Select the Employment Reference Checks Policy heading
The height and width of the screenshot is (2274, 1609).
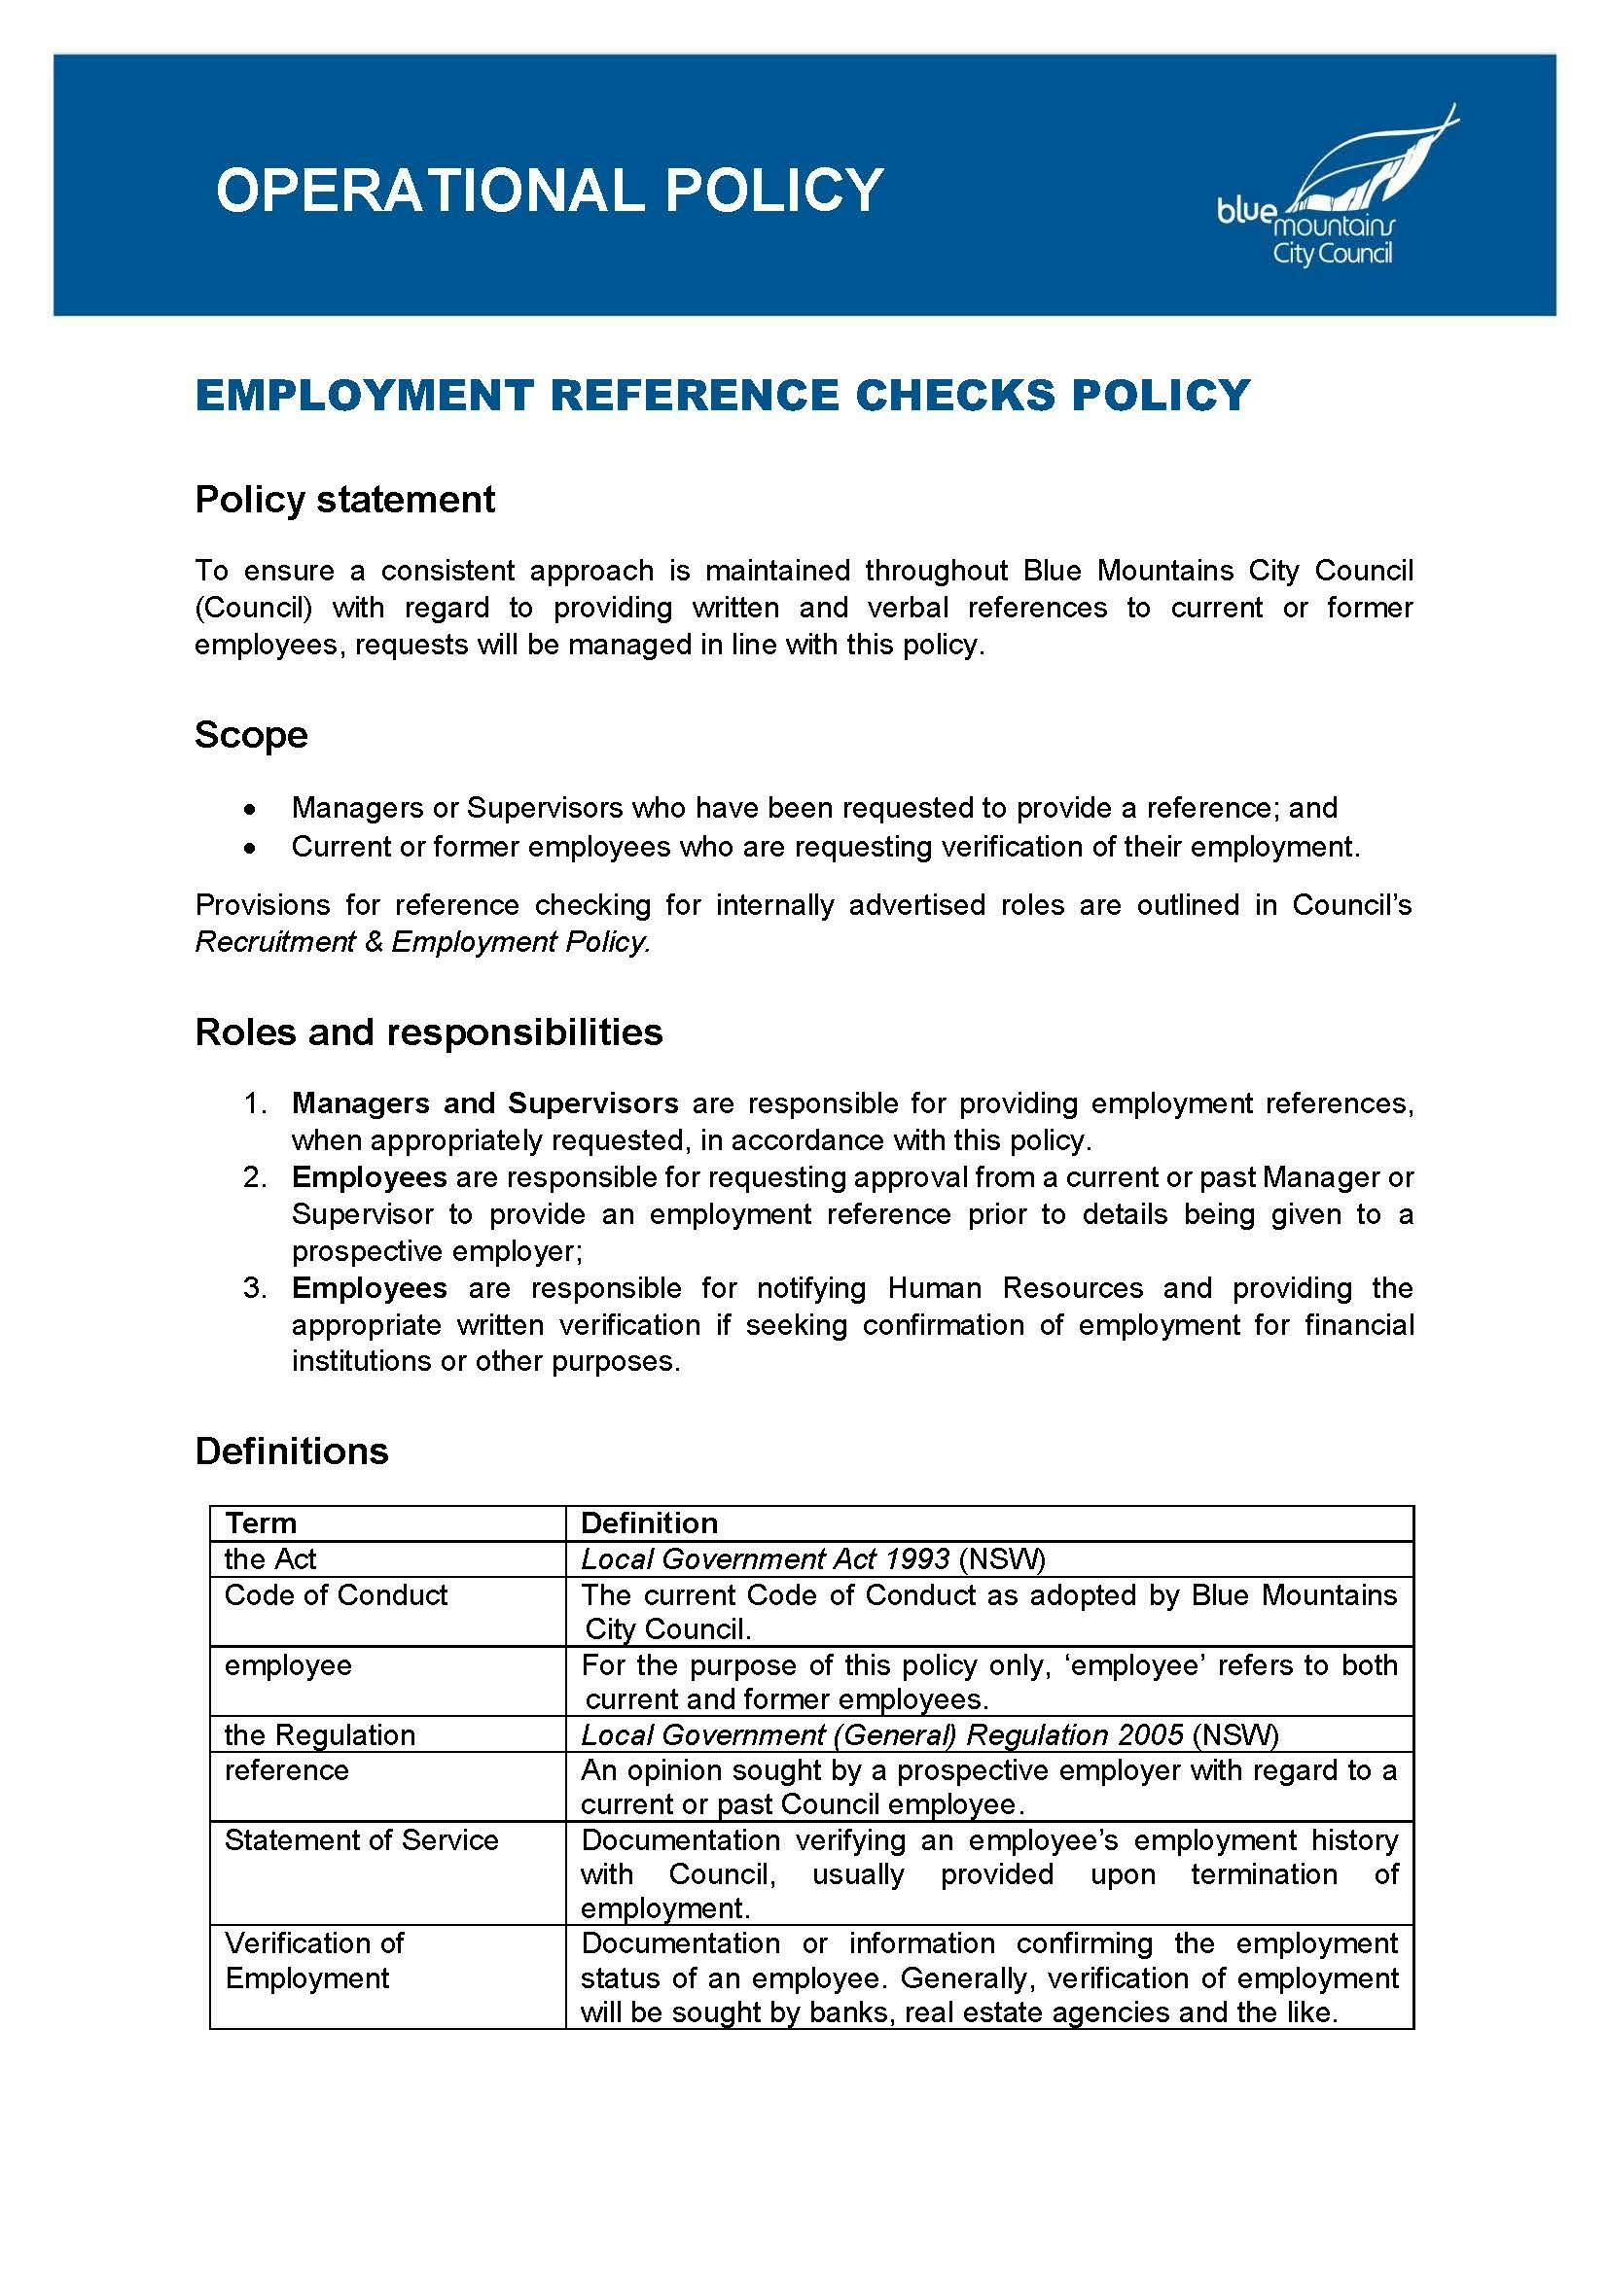tap(722, 394)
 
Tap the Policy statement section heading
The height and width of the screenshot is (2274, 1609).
tap(344, 499)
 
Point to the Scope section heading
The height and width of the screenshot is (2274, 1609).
tap(251, 735)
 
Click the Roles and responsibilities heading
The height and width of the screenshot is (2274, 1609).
tap(428, 1032)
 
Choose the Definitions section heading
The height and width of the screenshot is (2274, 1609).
tap(291, 1451)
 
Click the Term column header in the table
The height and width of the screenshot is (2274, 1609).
tap(260, 1523)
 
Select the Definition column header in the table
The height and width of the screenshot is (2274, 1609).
tap(649, 1523)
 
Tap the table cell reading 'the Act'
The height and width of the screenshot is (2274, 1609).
tap(269, 1558)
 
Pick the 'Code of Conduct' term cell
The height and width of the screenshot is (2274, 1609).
tap(336, 1594)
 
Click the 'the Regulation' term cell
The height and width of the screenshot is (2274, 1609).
tap(319, 1734)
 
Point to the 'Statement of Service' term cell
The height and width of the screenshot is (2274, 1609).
tap(361, 1839)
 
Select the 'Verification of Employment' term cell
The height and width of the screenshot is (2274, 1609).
tap(313, 1960)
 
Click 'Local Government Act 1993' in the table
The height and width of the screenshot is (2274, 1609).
tap(765, 1558)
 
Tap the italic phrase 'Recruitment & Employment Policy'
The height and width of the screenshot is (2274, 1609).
tap(422, 942)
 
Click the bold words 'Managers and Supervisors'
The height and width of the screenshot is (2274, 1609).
tap(484, 1103)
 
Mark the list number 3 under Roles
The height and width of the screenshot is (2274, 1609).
tap(255, 1288)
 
